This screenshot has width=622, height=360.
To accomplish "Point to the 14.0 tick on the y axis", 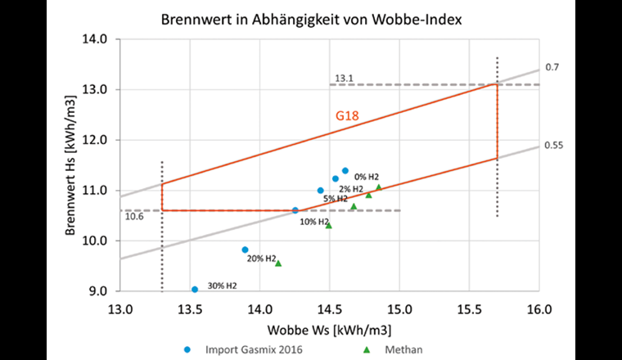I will pos(96,38).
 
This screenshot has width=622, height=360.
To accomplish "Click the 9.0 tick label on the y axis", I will pos(98,290).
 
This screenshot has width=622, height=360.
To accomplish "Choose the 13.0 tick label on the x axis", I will pos(120,308).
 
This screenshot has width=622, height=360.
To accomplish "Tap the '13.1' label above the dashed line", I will pos(343,79).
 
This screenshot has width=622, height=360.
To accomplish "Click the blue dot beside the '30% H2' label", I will pos(195,290).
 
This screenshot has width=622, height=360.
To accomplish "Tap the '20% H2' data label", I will pos(262,259).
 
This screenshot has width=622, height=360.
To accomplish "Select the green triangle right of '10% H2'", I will pos(329,225).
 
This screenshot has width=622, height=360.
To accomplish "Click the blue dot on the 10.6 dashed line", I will pos(295,210).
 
